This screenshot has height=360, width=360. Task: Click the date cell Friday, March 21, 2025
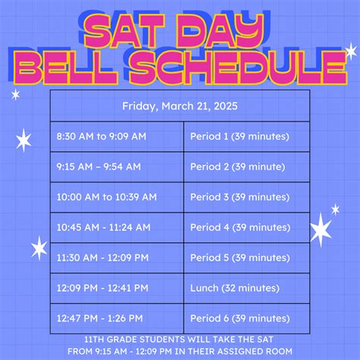click(x=180, y=106)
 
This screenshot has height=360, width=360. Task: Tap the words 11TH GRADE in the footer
click(x=118, y=339)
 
